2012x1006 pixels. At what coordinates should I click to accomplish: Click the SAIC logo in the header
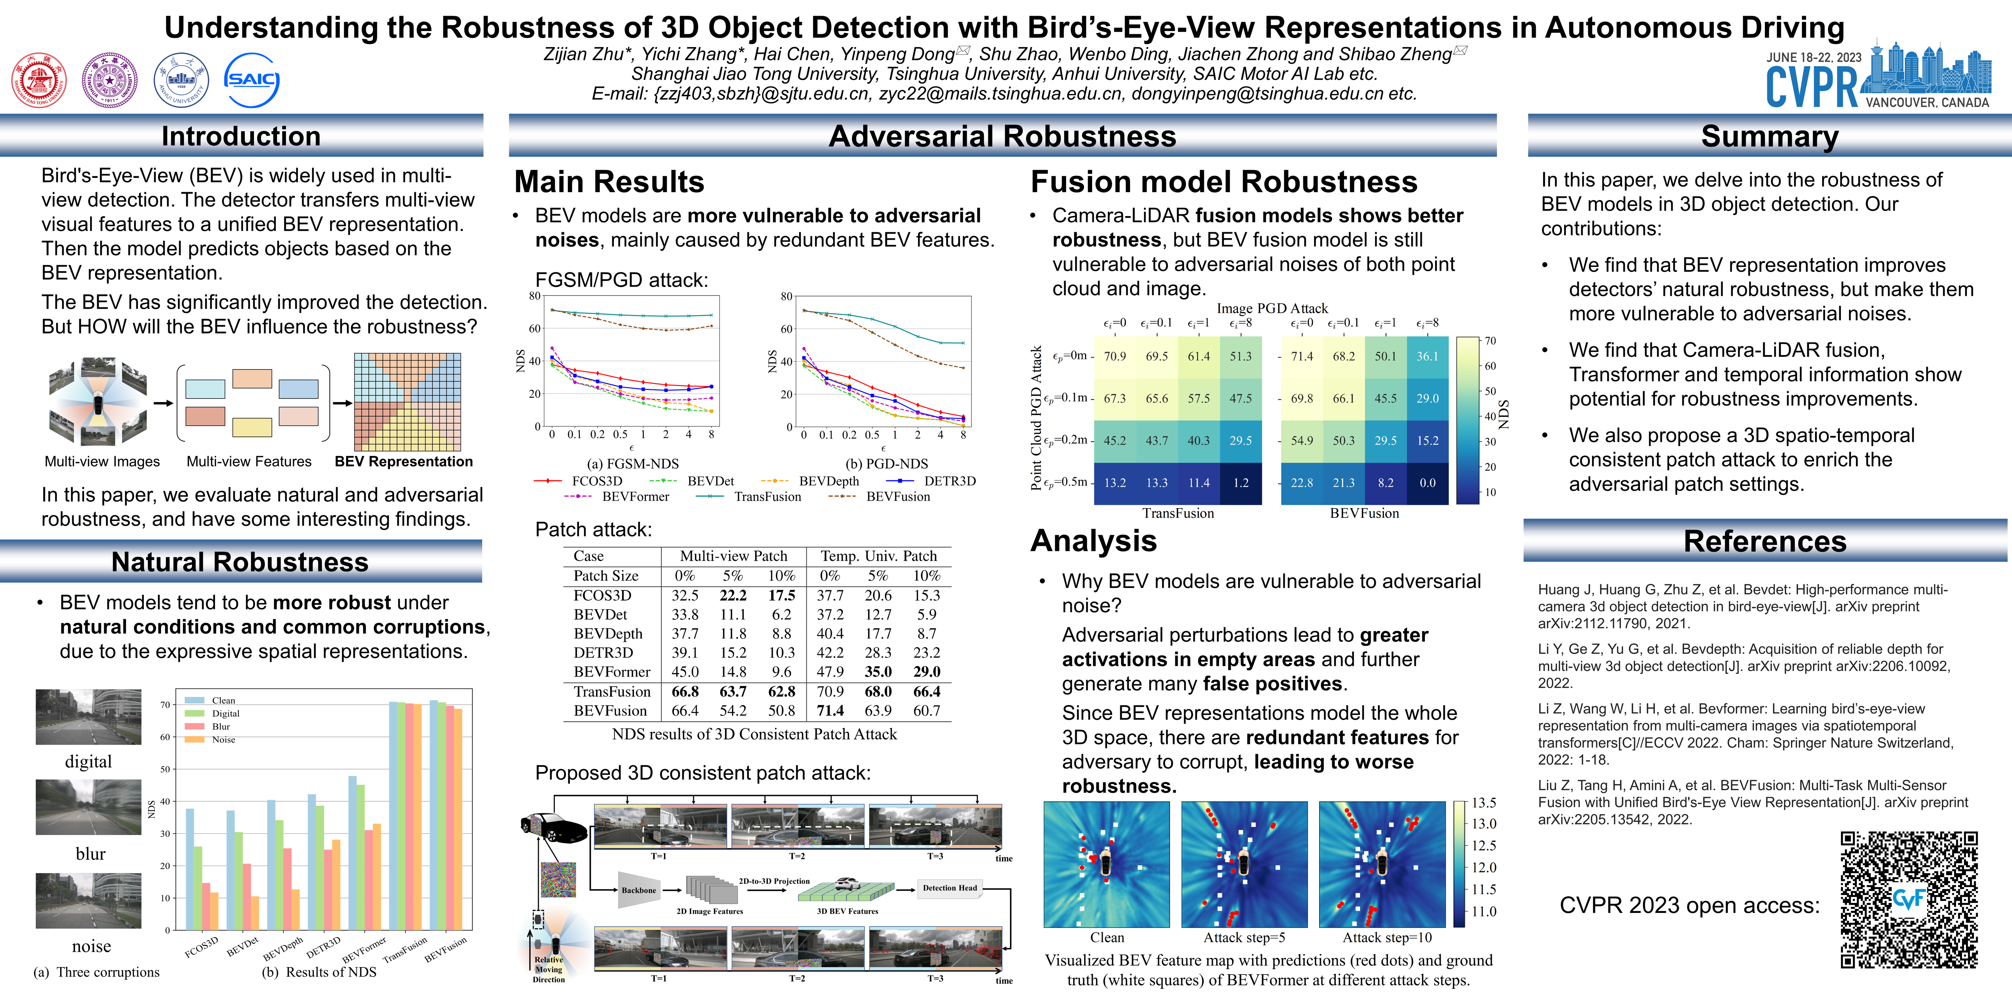point(251,80)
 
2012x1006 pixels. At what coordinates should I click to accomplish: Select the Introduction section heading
point(240,136)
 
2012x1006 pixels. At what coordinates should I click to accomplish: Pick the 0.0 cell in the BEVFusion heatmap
point(1427,483)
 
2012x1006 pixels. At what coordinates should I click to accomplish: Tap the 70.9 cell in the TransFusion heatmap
point(1114,356)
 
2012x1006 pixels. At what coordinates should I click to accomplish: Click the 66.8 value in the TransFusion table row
point(685,691)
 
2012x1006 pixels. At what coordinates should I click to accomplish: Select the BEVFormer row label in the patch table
point(611,672)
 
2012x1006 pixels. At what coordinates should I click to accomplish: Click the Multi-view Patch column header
point(733,556)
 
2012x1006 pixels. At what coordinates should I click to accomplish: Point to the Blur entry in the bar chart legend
point(221,726)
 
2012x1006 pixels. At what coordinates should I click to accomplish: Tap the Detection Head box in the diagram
point(949,888)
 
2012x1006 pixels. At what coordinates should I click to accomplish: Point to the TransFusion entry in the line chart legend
point(767,497)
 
